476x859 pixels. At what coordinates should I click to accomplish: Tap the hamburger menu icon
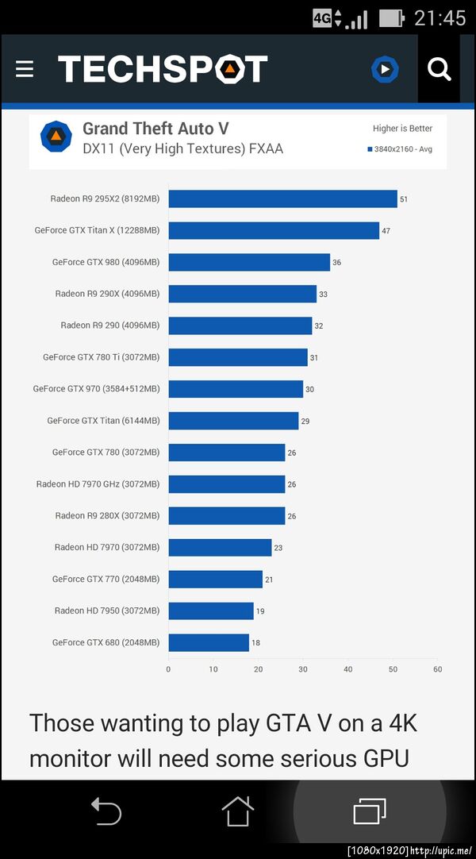click(x=25, y=70)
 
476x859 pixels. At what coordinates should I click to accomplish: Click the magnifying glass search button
click(x=439, y=70)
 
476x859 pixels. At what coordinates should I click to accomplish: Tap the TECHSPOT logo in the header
click(x=163, y=70)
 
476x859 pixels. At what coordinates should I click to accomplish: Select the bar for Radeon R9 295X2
click(x=282, y=198)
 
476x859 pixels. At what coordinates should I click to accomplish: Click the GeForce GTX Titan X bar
click(x=274, y=230)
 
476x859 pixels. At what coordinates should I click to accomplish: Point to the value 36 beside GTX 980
click(x=337, y=263)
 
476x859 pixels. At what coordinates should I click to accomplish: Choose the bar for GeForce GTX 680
click(x=209, y=643)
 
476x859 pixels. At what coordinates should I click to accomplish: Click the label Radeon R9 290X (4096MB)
click(x=107, y=294)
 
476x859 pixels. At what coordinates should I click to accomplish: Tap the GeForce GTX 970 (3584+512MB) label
click(x=96, y=389)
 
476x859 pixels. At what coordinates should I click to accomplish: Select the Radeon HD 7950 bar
click(x=211, y=611)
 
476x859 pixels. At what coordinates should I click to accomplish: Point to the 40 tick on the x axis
click(x=347, y=669)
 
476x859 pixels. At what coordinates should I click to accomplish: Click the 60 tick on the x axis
click(x=437, y=669)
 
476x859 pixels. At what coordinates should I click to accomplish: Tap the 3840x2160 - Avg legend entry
click(x=400, y=149)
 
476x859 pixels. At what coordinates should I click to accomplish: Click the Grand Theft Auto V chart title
click(x=155, y=129)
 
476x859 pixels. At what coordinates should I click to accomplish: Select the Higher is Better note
click(x=402, y=129)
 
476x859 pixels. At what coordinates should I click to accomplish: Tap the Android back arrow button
click(x=106, y=811)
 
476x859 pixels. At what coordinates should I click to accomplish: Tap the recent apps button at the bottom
click(x=369, y=811)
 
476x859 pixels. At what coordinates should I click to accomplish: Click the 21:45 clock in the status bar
click(x=440, y=17)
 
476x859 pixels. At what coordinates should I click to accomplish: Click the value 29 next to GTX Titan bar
click(x=305, y=422)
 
